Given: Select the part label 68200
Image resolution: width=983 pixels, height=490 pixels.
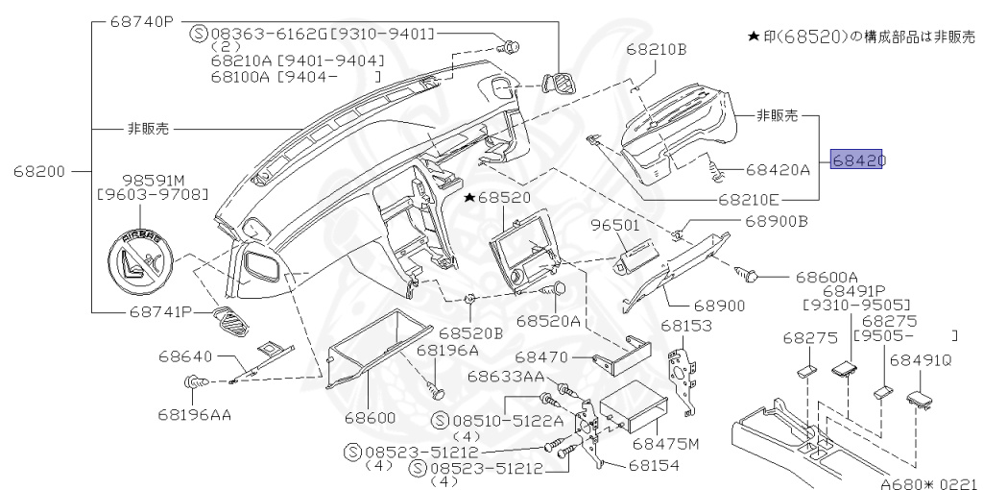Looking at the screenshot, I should click(x=39, y=172).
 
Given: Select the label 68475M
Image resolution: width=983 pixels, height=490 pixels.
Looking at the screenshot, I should click(x=666, y=444).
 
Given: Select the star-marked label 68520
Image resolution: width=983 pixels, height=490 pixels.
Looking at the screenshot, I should click(x=499, y=197).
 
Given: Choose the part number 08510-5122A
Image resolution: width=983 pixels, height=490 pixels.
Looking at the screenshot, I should click(x=494, y=421).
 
